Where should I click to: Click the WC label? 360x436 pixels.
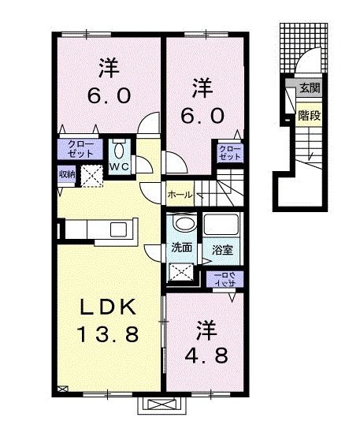[x=121, y=167]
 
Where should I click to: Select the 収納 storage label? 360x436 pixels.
[x=66, y=175]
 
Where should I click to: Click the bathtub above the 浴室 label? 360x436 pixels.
[x=223, y=225]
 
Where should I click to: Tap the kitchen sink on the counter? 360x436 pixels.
[x=119, y=229]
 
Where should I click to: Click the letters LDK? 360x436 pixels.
[x=109, y=306]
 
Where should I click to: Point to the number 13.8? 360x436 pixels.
[x=109, y=334]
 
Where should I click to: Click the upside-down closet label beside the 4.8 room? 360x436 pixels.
[x=224, y=278]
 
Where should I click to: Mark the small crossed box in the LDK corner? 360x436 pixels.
[x=63, y=387]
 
